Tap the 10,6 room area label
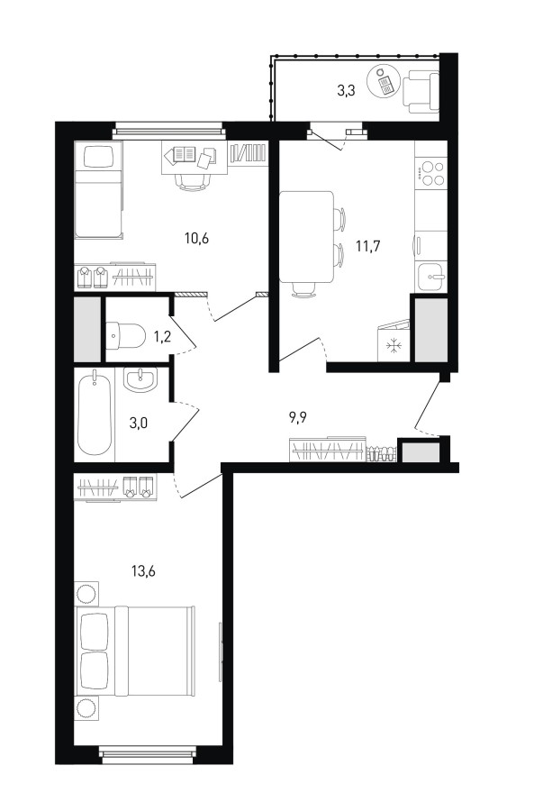tap(196, 239)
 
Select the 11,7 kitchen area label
tap(368, 246)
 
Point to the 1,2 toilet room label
tap(162, 337)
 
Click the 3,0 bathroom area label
tap(139, 424)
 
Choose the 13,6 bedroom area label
tap(144, 571)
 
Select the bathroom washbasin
tap(140, 379)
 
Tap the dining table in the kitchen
tap(306, 237)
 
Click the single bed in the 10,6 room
tap(99, 190)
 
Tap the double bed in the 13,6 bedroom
tap(136, 652)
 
